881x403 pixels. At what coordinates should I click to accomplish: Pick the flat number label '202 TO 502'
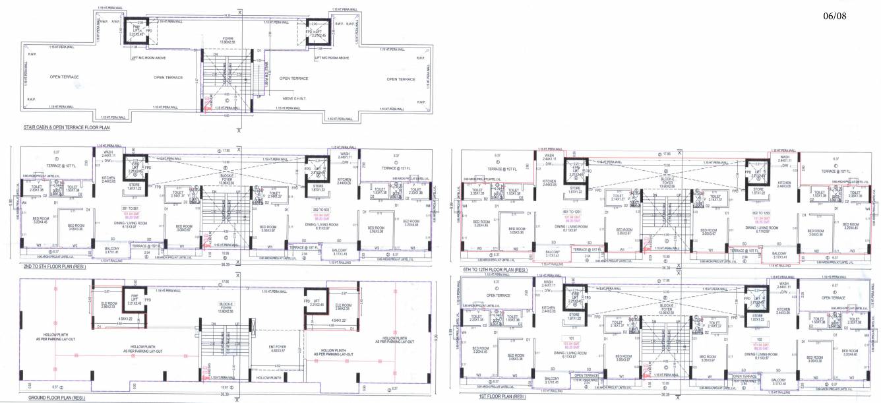tap(313, 209)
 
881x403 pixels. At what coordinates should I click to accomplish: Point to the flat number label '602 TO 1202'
tap(762, 212)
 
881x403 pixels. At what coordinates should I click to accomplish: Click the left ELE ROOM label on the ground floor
tap(109, 305)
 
